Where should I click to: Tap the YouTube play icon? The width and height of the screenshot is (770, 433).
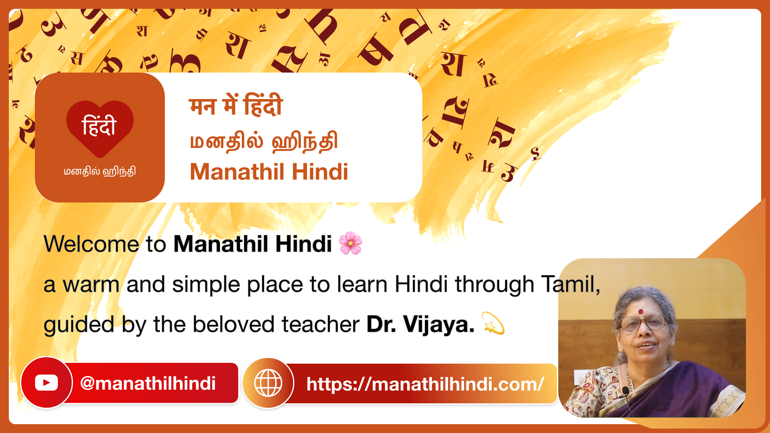pos(46,382)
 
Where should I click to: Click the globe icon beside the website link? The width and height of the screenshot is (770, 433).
pos(268,383)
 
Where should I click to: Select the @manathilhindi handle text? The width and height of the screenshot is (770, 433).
pos(148,383)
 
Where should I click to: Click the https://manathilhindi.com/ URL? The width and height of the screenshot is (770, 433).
pos(425,384)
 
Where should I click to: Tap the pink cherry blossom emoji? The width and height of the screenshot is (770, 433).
pos(350,243)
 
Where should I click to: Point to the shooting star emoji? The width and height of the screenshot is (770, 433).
pos(493,323)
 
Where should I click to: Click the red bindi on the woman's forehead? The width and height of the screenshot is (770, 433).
pos(641,312)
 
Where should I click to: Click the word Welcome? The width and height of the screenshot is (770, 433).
pos(91,244)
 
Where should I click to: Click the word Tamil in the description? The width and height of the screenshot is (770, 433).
pos(569,284)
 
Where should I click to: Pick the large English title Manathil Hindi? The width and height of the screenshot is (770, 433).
pos(269,172)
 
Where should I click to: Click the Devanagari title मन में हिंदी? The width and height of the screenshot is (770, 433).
pos(236,105)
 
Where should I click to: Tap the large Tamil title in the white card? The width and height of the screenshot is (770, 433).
pos(263,142)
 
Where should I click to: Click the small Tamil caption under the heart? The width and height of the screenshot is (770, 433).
pos(100,172)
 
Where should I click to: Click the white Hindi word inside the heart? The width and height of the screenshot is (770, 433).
pos(99,125)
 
